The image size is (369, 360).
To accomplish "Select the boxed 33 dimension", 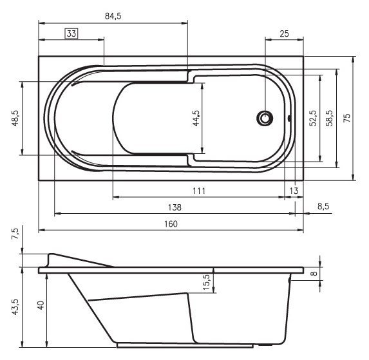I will point(71,33).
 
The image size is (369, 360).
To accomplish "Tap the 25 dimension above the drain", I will point(284,33).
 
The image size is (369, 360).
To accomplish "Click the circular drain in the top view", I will point(265,118).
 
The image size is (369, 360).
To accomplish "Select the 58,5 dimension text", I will point(329,119).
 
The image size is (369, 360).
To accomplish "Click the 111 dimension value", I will point(198,190).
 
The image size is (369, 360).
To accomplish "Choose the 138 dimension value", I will point(174,207).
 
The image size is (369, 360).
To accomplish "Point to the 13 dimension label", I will point(294,191).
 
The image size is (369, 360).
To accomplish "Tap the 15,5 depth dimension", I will point(206,281).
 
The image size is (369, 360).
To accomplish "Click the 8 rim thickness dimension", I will point(314,273).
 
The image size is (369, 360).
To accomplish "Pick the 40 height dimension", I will point(41,307).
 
